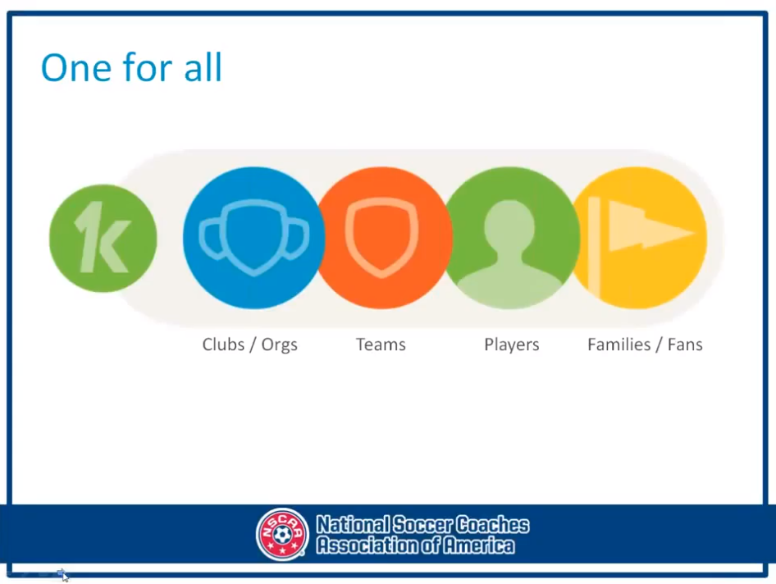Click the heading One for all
pos(131,67)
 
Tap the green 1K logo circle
pos(103,238)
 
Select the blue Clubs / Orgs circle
pos(253,238)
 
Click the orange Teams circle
pos(381,238)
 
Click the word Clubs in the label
pos(223,344)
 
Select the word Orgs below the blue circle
pos(279,345)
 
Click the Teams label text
pos(381,344)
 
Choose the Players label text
pos(512,344)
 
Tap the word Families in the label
pos(619,344)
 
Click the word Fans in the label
pos(685,344)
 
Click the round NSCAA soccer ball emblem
pos(282,534)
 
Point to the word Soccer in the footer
pos(421,525)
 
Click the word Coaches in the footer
pos(492,525)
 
